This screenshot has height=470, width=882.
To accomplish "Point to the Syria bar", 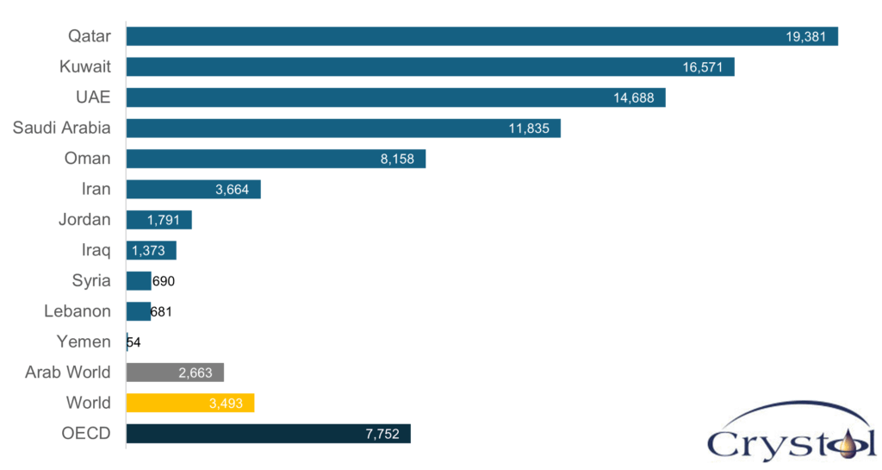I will tap(138, 281).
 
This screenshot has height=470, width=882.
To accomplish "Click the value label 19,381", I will tap(806, 37).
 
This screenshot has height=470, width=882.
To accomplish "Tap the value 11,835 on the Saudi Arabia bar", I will tap(530, 128).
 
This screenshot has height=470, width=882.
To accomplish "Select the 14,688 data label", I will tap(634, 98).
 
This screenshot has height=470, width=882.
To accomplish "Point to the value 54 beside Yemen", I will tap(134, 342).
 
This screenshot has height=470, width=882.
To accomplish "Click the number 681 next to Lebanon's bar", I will tap(161, 312).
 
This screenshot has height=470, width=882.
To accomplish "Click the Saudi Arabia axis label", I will tap(61, 128).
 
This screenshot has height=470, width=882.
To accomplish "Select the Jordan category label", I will tap(84, 219).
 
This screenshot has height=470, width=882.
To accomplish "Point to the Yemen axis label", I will tap(84, 342).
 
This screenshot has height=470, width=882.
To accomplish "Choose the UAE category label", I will tap(94, 97).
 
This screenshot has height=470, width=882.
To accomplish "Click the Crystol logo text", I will tap(792, 443).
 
